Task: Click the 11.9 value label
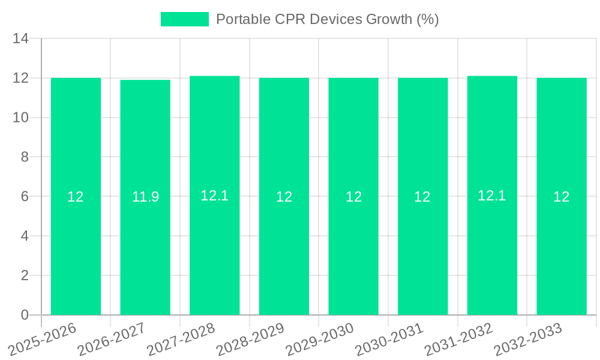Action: click(x=145, y=197)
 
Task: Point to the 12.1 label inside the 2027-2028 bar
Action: click(x=214, y=196)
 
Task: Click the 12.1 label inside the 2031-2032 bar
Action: click(x=492, y=196)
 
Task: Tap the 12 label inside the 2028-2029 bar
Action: click(x=284, y=197)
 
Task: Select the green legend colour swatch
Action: click(x=185, y=19)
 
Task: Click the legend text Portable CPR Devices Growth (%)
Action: click(x=327, y=19)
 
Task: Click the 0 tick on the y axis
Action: click(x=25, y=315)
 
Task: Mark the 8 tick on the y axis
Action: click(x=25, y=157)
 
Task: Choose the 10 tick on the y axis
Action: click(x=21, y=118)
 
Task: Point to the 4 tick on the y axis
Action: click(x=25, y=236)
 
